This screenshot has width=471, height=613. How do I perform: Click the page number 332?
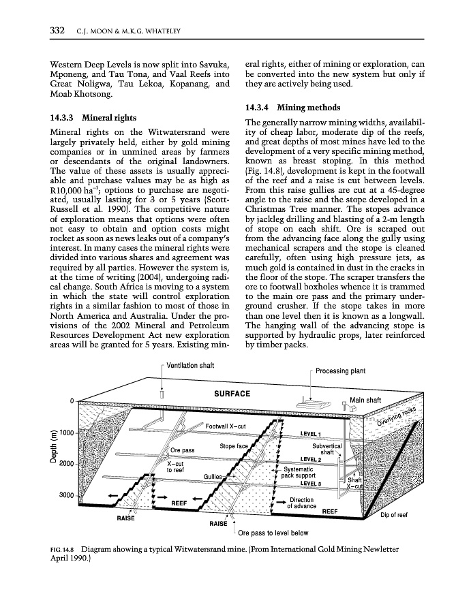57,30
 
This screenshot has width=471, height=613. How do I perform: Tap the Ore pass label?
183,450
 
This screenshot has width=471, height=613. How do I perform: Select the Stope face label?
233,446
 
